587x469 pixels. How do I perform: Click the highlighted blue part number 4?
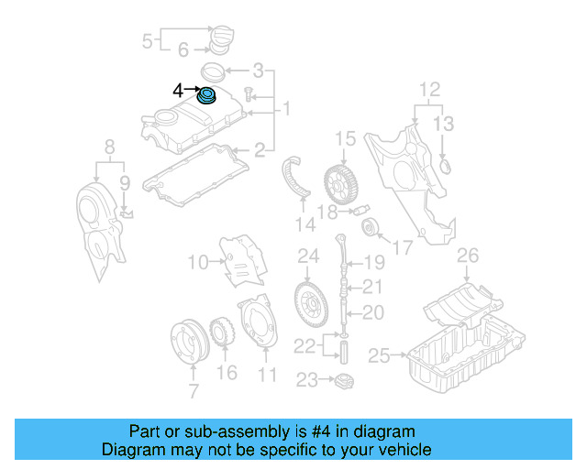208,95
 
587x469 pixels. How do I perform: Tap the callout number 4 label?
178,90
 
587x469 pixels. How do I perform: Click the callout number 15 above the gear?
344,139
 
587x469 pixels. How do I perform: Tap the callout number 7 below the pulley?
194,393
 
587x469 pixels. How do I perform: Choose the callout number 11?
266,374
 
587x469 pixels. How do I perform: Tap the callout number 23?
304,378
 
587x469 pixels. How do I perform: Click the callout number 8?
109,146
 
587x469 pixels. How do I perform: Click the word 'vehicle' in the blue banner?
401,450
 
